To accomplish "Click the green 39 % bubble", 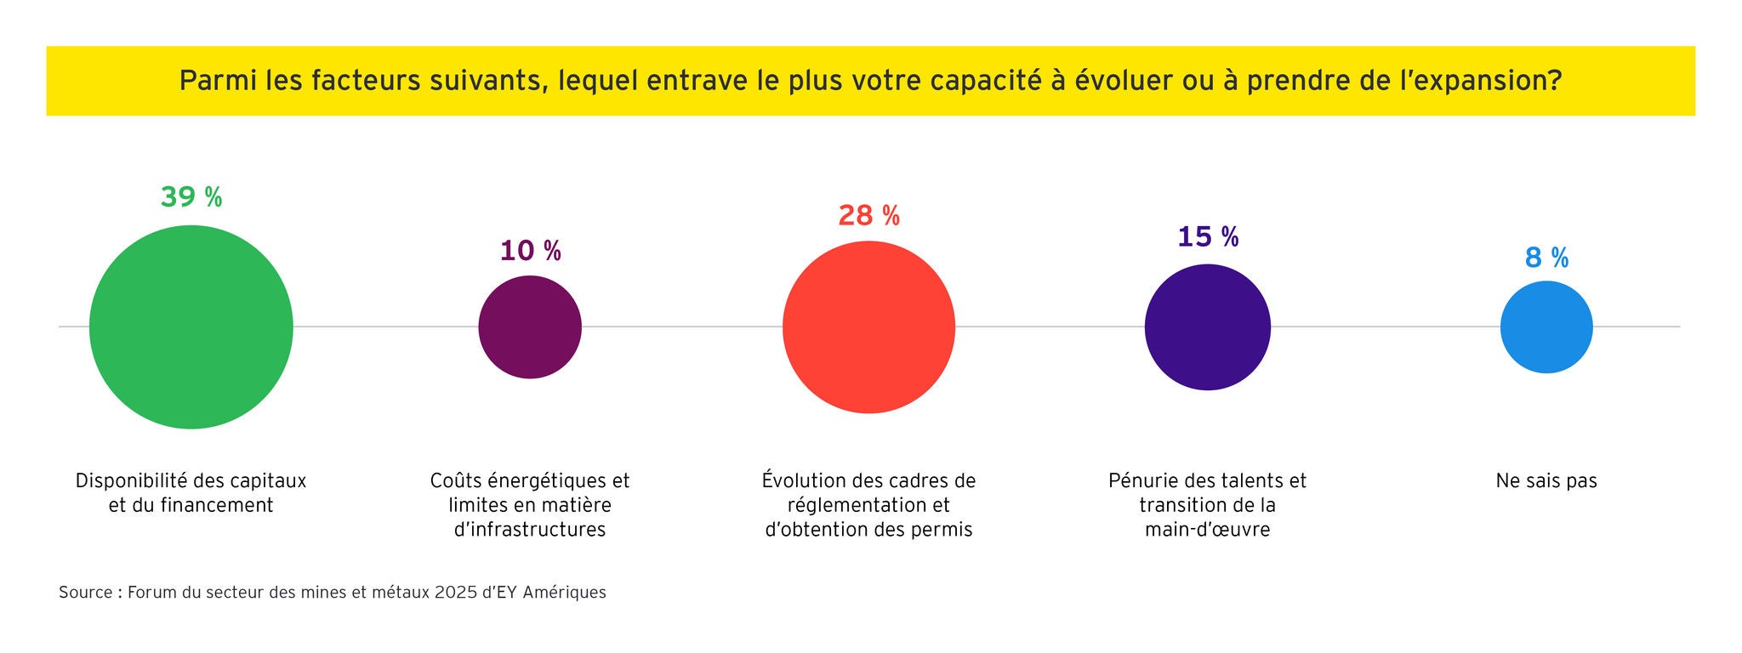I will coord(191,327).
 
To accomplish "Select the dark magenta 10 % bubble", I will coord(530,327).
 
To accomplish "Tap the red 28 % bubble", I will coord(868,327).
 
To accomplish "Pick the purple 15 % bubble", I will coord(1208,327).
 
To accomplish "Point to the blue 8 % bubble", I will coord(1546,327).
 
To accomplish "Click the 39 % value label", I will coord(191,197).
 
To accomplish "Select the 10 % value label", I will coord(530,251).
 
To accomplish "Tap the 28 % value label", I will coord(868,216).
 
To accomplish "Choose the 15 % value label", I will coord(1208,236).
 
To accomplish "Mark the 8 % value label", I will coord(1546,258).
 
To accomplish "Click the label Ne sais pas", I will coord(1546,481).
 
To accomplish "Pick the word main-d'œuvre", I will coord(1207,530).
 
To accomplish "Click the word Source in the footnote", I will coord(85,593).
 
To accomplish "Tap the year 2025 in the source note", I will coord(456,593).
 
